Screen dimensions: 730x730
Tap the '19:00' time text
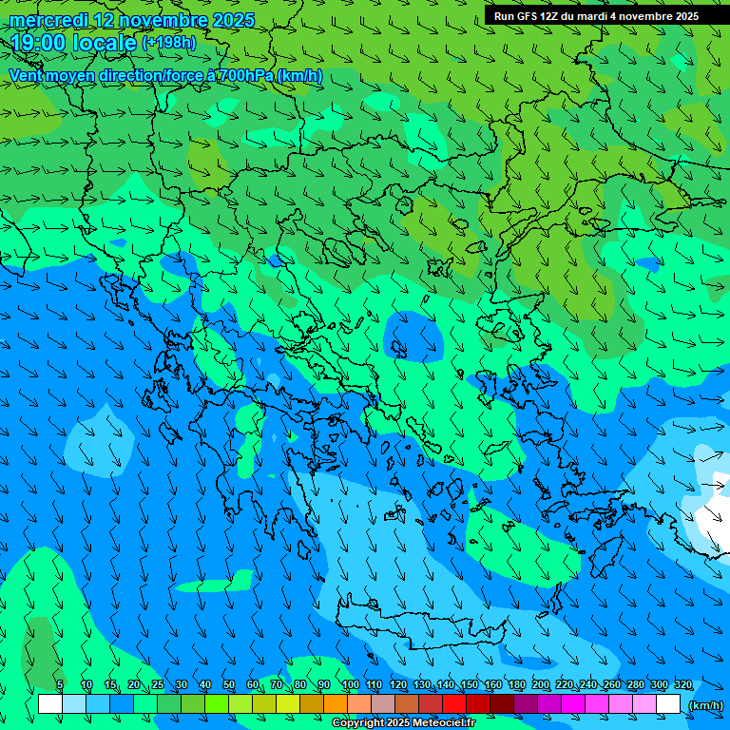click(37, 43)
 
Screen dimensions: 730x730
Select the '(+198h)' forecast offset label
click(168, 43)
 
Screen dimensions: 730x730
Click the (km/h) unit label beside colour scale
click(704, 705)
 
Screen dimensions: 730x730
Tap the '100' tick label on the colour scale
click(350, 684)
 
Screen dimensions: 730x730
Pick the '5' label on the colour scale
click(60, 684)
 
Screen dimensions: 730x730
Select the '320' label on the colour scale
click(682, 684)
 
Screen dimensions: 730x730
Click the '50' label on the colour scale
click(229, 684)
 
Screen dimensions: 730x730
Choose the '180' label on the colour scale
click(516, 684)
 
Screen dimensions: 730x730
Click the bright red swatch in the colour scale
click(454, 704)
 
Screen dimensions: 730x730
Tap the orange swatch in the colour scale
click(335, 704)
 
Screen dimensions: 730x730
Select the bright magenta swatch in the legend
click(573, 704)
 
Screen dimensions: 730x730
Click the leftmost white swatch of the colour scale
click(50, 704)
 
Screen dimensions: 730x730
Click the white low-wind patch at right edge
click(713, 523)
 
